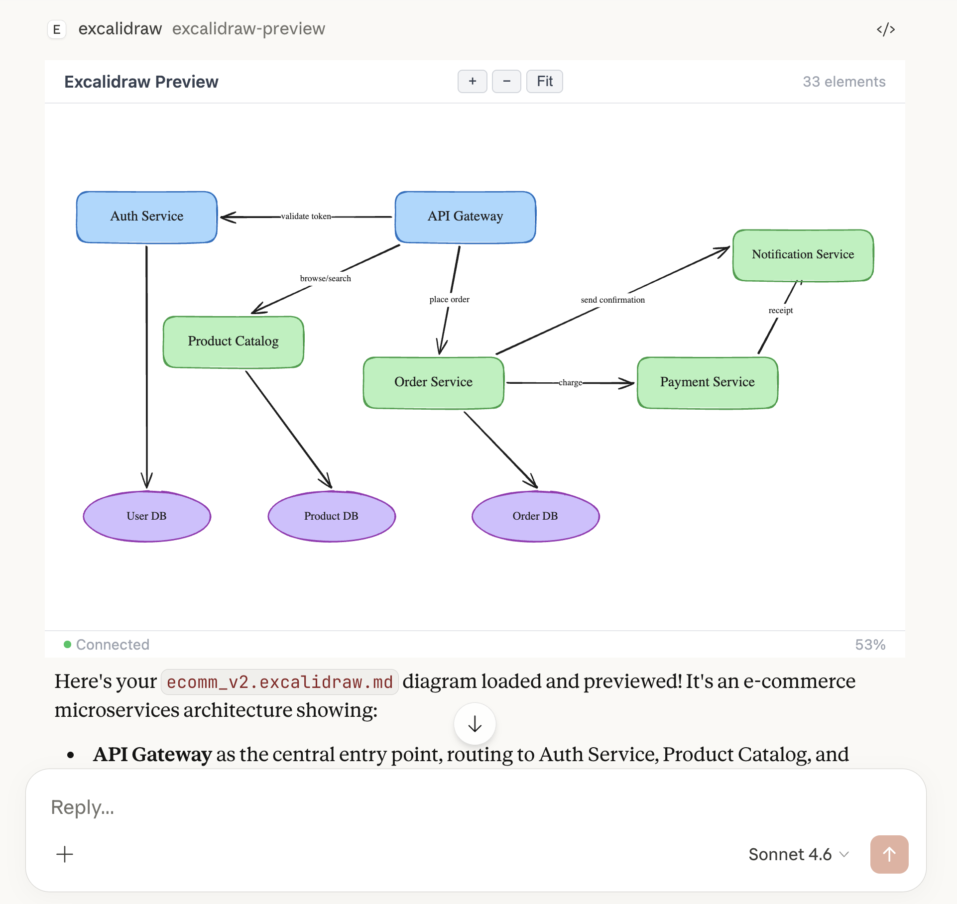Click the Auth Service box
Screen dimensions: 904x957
(147, 217)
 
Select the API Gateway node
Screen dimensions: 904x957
(465, 217)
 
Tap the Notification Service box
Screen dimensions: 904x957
(803, 255)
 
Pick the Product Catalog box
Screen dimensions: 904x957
(233, 342)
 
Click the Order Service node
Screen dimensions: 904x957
(433, 382)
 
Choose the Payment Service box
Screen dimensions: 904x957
(707, 382)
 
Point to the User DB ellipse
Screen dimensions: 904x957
(147, 516)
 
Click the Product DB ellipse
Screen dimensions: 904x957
(331, 516)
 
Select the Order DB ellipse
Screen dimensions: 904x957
(535, 516)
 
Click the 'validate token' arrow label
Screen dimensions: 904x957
(306, 217)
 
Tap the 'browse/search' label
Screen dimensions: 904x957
(325, 279)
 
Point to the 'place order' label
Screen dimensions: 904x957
(449, 300)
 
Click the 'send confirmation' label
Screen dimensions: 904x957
(612, 300)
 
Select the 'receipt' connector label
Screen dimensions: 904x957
(780, 311)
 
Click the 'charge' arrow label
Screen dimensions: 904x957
(570, 383)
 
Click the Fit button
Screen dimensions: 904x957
(544, 82)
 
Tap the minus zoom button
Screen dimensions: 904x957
(506, 82)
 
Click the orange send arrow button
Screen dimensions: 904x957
(889, 854)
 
